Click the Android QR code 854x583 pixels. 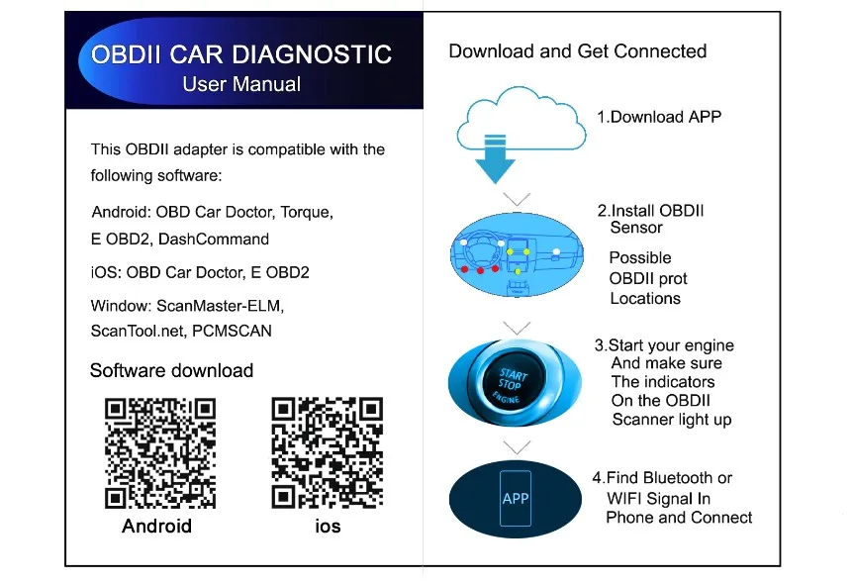coord(160,452)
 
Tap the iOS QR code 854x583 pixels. coord(328,452)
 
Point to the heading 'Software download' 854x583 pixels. coord(171,370)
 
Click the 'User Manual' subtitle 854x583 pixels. coord(241,83)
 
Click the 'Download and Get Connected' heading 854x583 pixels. coord(578,50)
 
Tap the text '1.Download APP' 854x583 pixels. coord(658,117)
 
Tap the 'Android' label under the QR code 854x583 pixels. coord(156,526)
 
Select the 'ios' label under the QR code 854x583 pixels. coord(328,527)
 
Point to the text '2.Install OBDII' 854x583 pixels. coord(650,211)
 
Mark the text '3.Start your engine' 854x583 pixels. coord(664,345)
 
